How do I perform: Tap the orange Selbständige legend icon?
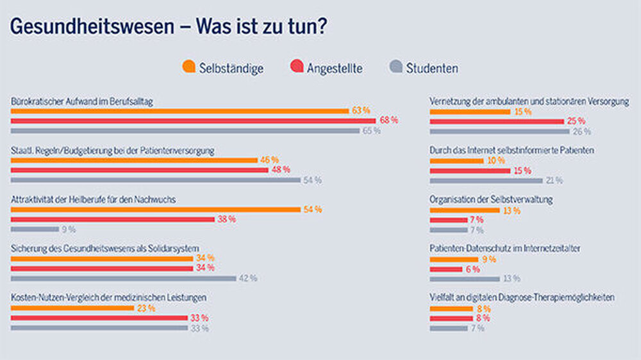[189, 67]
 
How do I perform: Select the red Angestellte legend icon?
[297, 67]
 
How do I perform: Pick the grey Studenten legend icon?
[395, 67]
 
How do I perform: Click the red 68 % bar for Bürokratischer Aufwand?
[193, 120]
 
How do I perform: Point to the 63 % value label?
[361, 110]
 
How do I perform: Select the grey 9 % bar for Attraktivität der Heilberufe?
[35, 229]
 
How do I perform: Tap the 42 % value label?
[248, 278]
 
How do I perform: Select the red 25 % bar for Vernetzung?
[497, 121]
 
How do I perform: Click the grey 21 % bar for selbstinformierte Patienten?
[486, 181]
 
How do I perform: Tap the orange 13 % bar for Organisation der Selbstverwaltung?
[465, 209]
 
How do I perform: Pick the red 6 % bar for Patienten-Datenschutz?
[445, 269]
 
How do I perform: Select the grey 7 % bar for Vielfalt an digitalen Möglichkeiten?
[448, 328]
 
